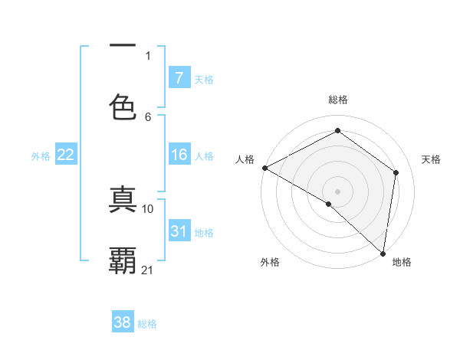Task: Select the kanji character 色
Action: point(123,106)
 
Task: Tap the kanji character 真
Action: point(123,198)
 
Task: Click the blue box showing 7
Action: point(179,78)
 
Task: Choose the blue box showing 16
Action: point(179,155)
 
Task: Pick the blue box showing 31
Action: point(179,231)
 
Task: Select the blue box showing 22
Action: point(66,155)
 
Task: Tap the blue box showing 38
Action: point(123,322)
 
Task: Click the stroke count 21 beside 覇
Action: point(149,270)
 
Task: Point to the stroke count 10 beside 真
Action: point(149,208)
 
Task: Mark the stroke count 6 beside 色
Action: point(148,116)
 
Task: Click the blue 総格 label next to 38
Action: point(147,324)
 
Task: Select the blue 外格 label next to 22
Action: point(41,155)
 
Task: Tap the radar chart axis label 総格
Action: point(338,100)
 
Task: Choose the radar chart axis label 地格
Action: point(402,263)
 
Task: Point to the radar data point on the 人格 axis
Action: point(264,168)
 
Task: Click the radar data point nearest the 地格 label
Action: point(382,253)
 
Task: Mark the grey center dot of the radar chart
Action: point(337,191)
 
